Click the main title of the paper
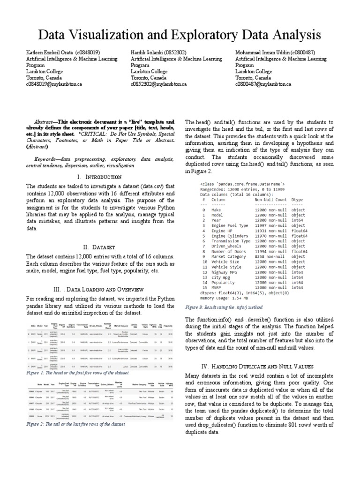[x=180, y=35]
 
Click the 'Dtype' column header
[x=297, y=199]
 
